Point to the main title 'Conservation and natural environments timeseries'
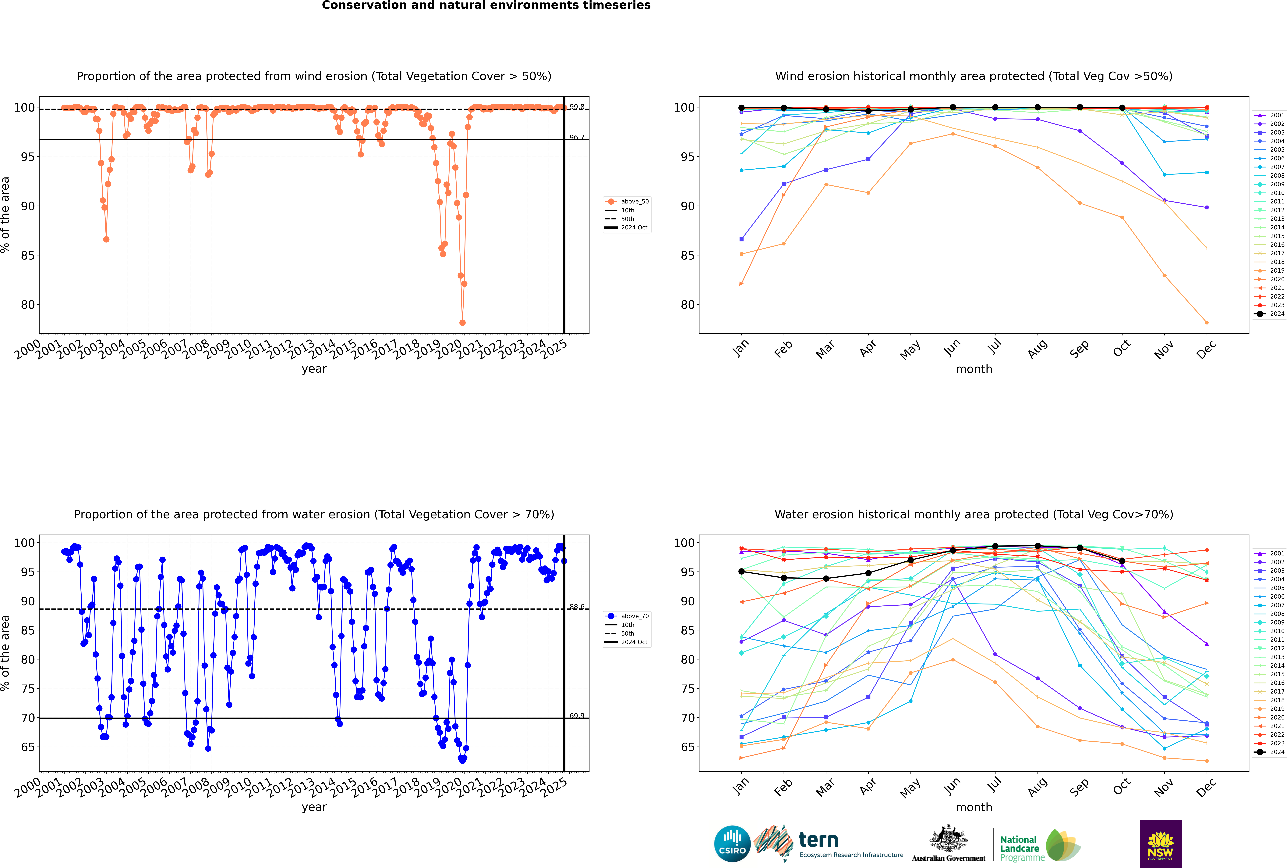[x=486, y=5]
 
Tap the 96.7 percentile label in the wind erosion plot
[x=577, y=137]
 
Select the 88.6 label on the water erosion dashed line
[x=577, y=607]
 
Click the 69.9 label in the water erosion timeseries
[x=577, y=716]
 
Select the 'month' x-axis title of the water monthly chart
[x=974, y=807]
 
